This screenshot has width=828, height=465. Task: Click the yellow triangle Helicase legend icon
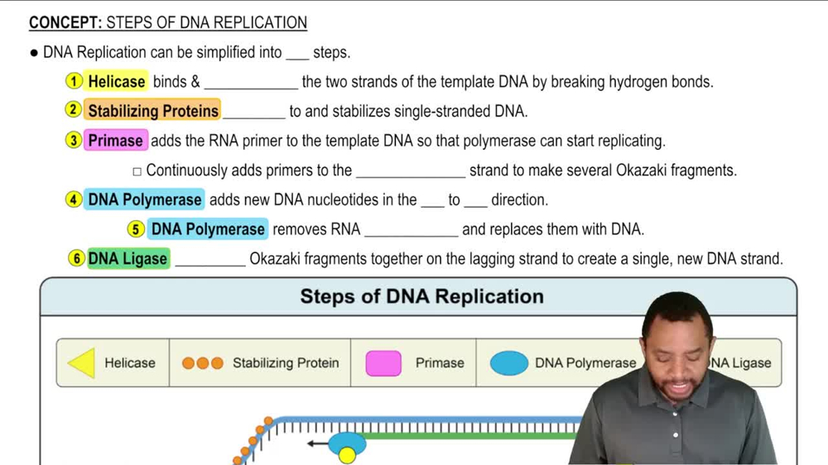pos(82,363)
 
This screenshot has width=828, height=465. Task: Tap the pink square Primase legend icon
pos(383,363)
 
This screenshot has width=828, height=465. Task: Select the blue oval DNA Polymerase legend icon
pos(508,363)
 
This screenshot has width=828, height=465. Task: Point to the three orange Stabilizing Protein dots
pos(203,363)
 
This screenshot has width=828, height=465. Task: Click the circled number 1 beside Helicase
pos(75,81)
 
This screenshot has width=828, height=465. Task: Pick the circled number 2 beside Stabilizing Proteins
pos(75,110)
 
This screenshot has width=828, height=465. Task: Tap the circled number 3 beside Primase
pos(75,140)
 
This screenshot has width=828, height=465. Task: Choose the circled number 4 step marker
pos(75,199)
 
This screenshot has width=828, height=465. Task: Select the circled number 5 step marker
pos(137,229)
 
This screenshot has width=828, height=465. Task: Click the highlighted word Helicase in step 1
pos(117,81)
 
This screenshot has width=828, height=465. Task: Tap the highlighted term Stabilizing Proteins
pos(153,111)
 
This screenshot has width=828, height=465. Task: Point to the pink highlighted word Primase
pos(115,141)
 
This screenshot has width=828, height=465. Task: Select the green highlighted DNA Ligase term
pos(128,259)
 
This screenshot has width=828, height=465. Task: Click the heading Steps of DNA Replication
pos(421,296)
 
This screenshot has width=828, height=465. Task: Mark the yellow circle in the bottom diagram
pos(348,455)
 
